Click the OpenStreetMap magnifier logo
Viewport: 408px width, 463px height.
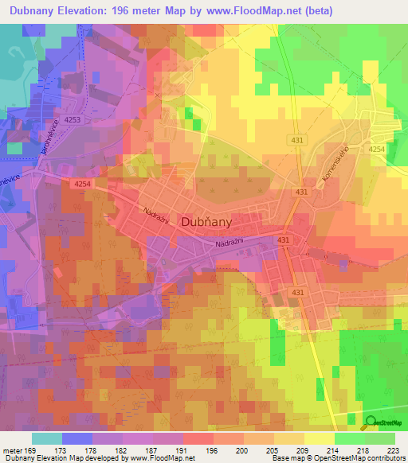click(x=371, y=422)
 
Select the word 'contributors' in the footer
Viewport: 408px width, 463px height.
click(x=386, y=459)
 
